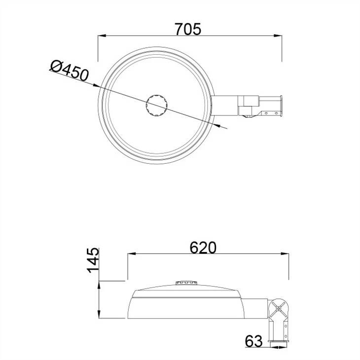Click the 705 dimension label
click(188, 29)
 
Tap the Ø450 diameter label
click(70, 71)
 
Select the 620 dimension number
click(203, 248)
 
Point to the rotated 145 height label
click(93, 260)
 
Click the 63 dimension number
click(253, 341)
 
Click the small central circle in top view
click(157, 105)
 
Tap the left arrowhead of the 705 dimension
click(102, 36)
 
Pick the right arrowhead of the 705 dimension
click(278, 36)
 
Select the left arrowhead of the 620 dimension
click(132, 253)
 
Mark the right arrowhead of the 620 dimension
click(285, 253)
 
